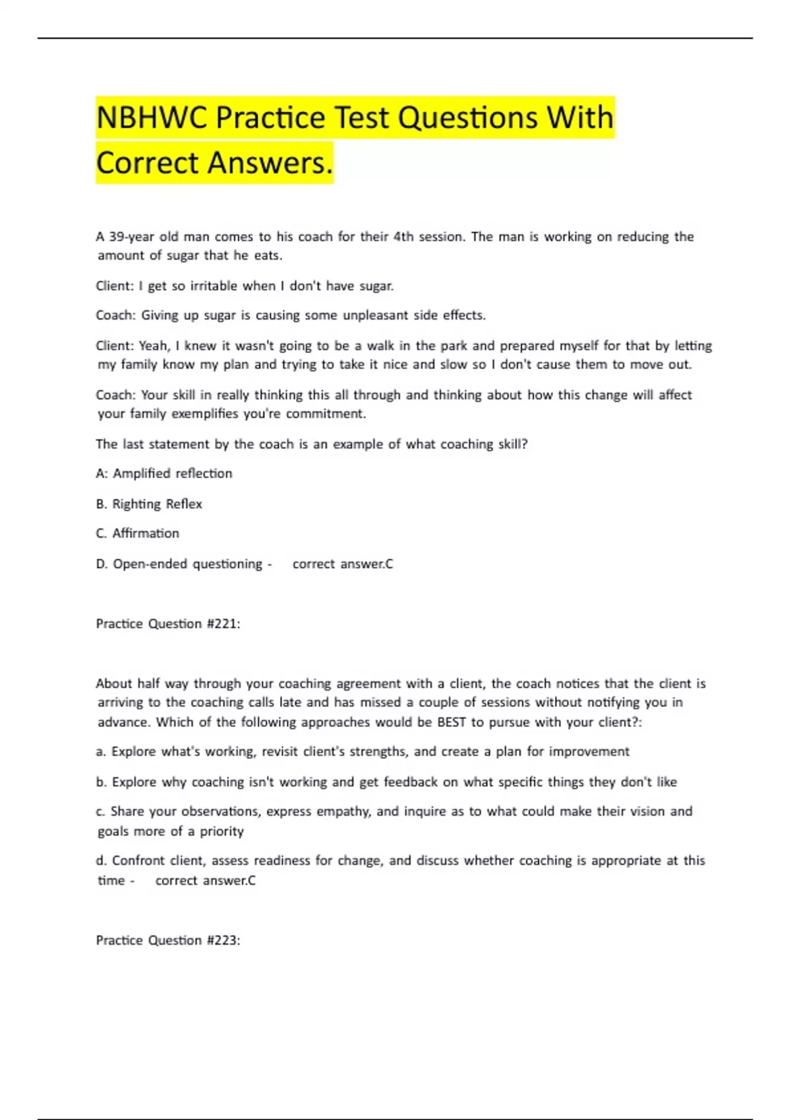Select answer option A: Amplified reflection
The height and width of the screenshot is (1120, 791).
(x=164, y=474)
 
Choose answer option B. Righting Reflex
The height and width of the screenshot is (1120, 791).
(x=149, y=504)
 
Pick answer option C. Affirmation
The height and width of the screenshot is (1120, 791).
(x=138, y=534)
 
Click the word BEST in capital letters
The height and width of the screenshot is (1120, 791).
(x=452, y=722)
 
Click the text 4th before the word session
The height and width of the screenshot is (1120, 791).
(x=403, y=237)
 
